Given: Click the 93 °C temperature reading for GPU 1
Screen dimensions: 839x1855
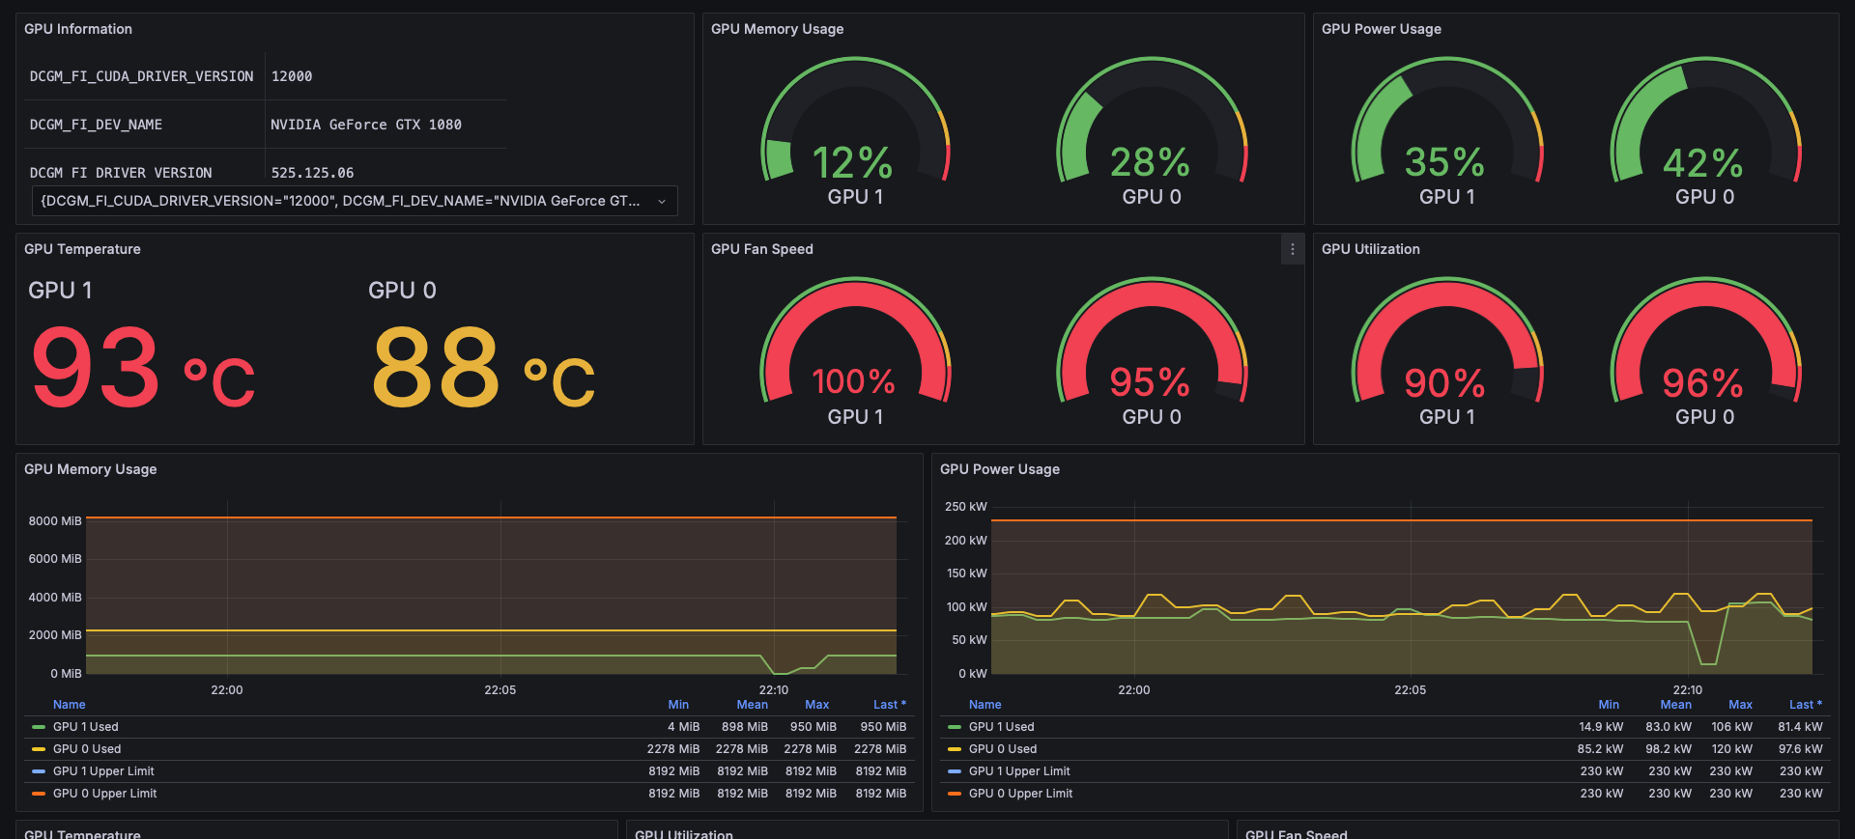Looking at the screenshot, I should (x=143, y=368).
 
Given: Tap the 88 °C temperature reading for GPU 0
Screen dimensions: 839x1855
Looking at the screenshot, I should (x=483, y=368).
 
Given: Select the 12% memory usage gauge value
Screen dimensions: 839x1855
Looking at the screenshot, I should (x=852, y=163).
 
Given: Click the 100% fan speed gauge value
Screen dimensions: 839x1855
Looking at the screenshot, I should (x=853, y=382).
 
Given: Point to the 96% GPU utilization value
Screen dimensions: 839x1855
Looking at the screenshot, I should (x=1702, y=383).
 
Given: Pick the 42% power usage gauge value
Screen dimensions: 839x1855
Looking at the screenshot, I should (x=1702, y=163).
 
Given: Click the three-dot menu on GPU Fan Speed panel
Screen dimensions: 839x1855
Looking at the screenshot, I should (x=1292, y=249).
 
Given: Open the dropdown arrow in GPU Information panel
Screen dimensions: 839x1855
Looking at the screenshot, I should (x=662, y=201).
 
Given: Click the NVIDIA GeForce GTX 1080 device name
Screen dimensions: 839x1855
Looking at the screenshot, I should (x=366, y=125).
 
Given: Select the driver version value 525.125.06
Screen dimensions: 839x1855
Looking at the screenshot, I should (x=312, y=173).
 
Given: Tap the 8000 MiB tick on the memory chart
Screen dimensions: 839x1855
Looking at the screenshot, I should (x=55, y=520).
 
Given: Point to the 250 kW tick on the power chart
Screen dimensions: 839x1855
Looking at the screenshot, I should (x=965, y=507).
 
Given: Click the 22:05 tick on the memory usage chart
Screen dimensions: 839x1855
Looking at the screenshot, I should (x=499, y=690).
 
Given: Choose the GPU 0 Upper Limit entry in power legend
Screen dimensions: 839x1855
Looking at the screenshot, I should (x=1020, y=794).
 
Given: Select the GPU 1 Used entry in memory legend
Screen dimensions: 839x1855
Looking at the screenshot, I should (x=85, y=727).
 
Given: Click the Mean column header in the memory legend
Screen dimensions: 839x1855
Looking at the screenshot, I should (x=752, y=705).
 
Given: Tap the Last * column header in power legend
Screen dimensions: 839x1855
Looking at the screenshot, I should (x=1805, y=705).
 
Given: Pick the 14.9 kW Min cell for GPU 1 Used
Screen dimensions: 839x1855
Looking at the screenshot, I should (x=1600, y=727).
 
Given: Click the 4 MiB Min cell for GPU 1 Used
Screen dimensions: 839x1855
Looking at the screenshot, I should (x=683, y=727).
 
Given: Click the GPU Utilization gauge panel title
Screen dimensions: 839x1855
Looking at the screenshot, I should (x=1370, y=249).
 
